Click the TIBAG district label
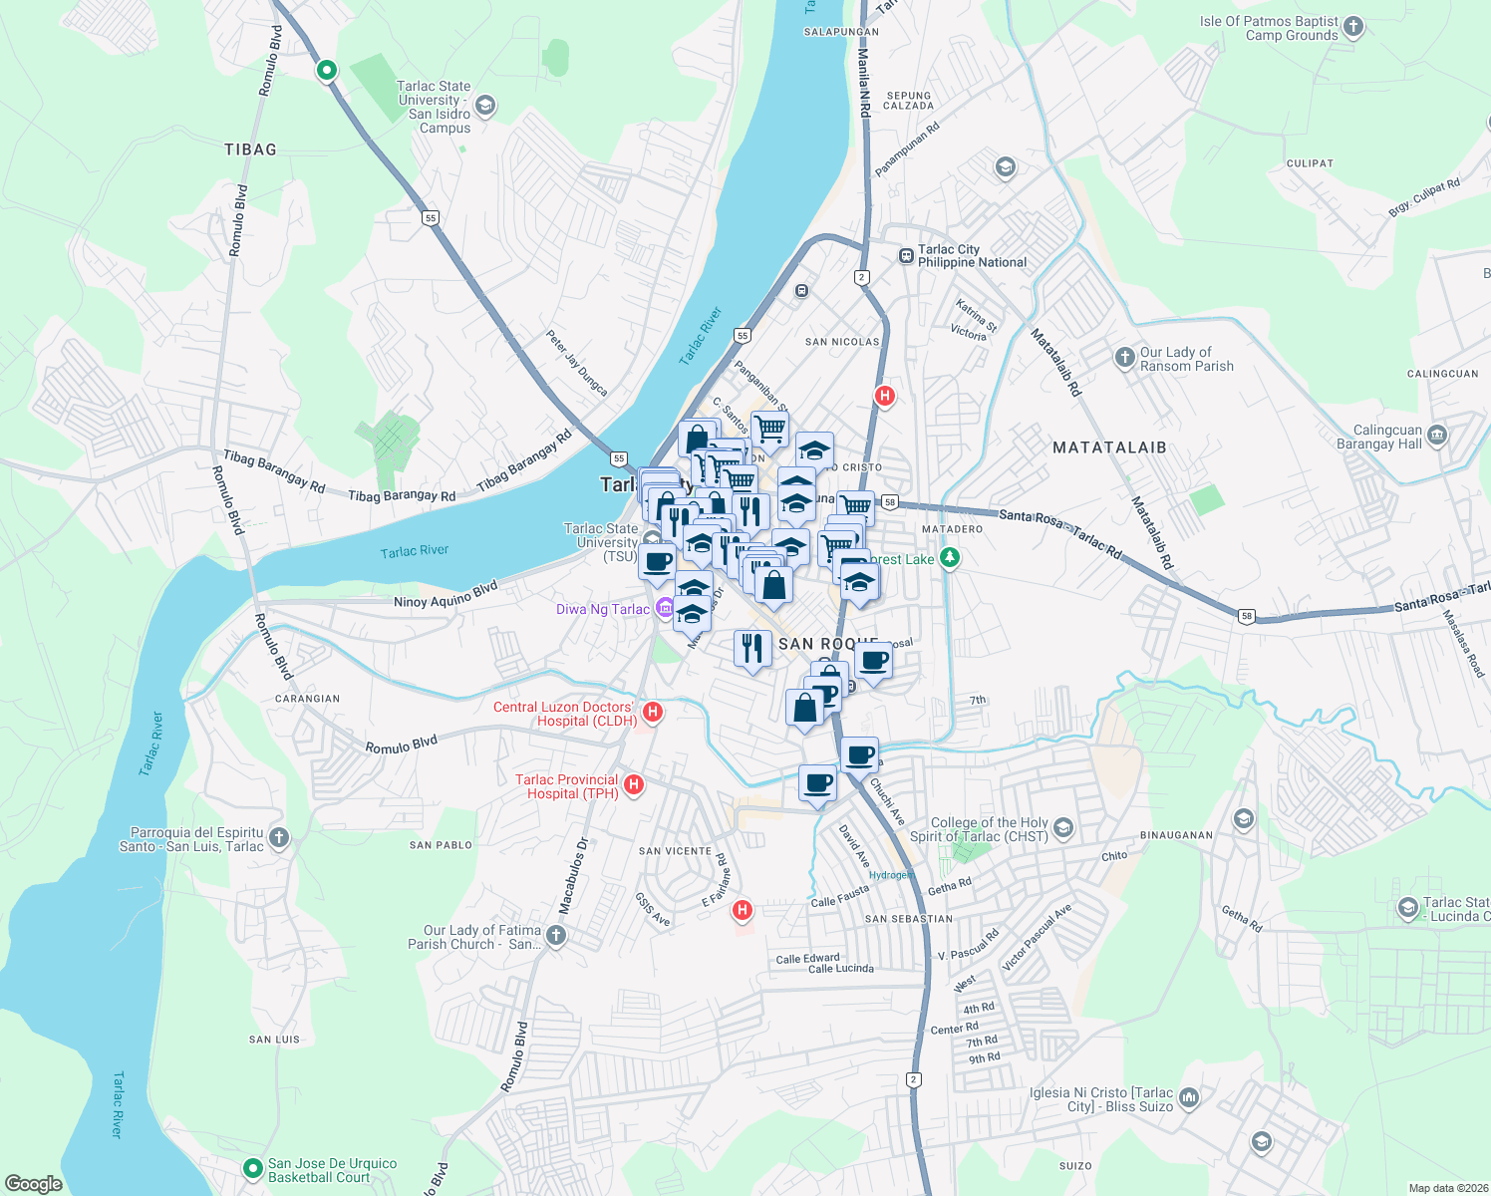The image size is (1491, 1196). (x=250, y=149)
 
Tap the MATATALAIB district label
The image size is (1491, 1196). (x=1109, y=448)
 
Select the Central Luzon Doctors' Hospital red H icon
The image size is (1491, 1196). (x=653, y=712)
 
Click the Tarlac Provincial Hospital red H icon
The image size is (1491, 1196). (x=633, y=785)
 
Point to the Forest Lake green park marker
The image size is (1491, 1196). (x=950, y=558)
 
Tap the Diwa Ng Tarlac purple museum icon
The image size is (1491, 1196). (x=665, y=609)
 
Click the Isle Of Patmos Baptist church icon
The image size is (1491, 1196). (x=1352, y=27)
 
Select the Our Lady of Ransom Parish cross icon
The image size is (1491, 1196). (x=1124, y=357)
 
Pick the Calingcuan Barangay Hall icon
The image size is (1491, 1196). (x=1436, y=435)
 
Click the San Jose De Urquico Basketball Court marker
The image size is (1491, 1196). (x=254, y=1167)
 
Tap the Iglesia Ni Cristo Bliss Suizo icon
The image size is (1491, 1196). (x=1188, y=1098)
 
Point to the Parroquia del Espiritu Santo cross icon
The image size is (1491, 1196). (x=279, y=837)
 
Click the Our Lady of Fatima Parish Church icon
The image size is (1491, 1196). (x=556, y=935)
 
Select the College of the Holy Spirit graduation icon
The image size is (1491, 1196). (x=1063, y=827)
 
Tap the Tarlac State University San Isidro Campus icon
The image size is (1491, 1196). (x=485, y=105)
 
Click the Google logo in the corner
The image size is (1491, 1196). (x=34, y=1183)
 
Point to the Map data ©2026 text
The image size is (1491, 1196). (x=1447, y=1188)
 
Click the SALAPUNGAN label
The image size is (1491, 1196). (x=841, y=32)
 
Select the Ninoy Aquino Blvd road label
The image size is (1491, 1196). (x=446, y=596)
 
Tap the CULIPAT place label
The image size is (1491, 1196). (x=1310, y=163)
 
